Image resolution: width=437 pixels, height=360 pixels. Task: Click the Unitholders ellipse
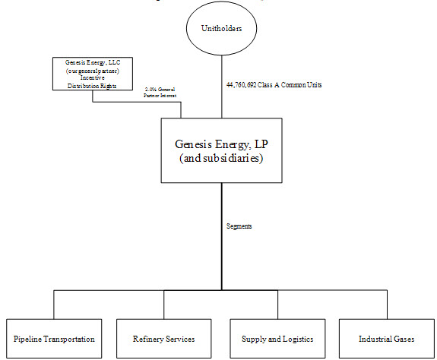(x=222, y=30)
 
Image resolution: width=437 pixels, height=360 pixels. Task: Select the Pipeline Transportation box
(x=54, y=338)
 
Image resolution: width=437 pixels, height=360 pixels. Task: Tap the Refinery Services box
(x=164, y=338)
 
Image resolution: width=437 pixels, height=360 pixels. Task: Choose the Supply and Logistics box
(x=276, y=338)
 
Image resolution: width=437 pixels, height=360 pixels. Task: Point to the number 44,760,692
(x=244, y=85)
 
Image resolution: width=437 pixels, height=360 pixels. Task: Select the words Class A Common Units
(x=292, y=85)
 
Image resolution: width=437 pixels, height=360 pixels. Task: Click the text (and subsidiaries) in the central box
(x=221, y=159)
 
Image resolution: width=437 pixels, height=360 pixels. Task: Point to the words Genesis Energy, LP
(x=221, y=142)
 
